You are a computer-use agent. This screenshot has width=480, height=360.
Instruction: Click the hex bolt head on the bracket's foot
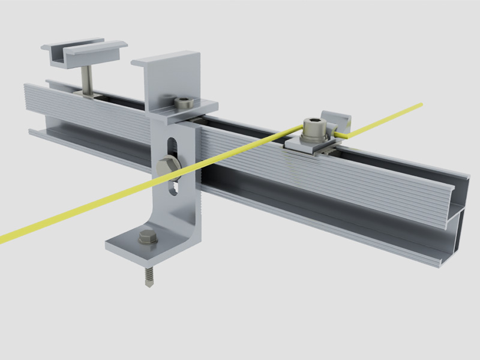tap(148, 237)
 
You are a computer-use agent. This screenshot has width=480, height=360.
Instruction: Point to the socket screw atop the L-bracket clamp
tap(182, 103)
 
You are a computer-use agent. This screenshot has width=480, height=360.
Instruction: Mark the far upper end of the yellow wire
tap(419, 105)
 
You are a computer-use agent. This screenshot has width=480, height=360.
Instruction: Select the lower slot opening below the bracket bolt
tap(175, 187)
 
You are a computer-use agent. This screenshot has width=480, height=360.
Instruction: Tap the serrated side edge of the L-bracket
tap(197, 198)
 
